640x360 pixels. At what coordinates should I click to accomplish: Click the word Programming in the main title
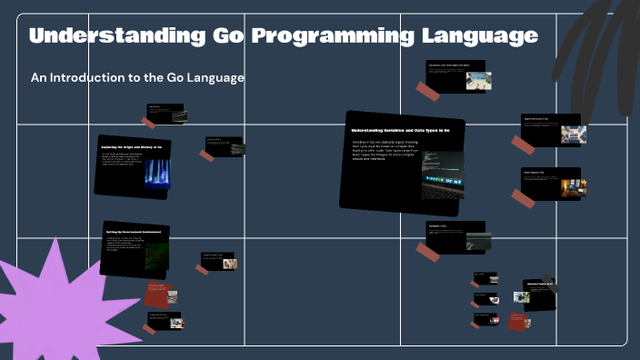(x=334, y=36)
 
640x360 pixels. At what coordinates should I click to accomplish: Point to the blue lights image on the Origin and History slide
(x=156, y=173)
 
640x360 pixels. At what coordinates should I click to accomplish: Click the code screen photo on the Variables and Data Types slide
(x=443, y=175)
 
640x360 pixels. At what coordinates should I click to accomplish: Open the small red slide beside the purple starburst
(x=160, y=295)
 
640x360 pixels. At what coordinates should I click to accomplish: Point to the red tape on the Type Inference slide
(x=523, y=144)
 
